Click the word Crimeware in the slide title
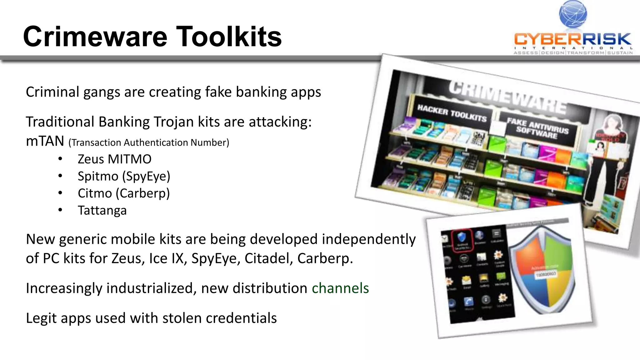click(x=95, y=37)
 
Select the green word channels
click(x=340, y=288)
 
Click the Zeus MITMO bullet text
click(x=114, y=159)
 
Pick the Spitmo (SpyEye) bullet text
click(x=124, y=177)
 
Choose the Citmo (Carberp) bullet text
click(x=124, y=193)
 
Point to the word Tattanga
click(x=102, y=211)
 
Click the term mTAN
click(x=45, y=141)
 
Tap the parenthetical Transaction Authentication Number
click(x=149, y=143)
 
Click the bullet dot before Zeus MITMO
click(x=60, y=159)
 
